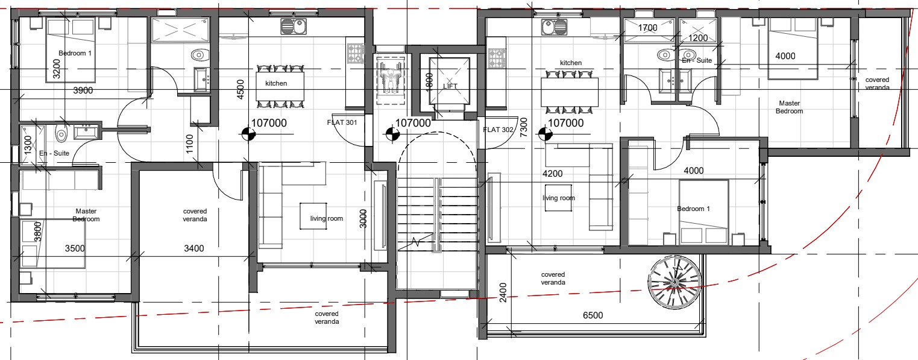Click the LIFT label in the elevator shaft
click(450, 86)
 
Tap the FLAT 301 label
click(342, 122)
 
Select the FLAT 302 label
click(498, 130)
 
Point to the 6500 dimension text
click(593, 315)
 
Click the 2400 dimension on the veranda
click(503, 292)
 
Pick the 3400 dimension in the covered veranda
click(194, 248)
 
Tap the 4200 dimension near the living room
click(553, 174)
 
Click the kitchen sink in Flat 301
click(294, 27)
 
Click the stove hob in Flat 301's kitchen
click(356, 54)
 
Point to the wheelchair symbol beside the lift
click(390, 80)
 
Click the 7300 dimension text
click(524, 127)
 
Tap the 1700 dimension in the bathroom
click(647, 28)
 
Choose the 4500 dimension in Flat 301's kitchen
click(241, 89)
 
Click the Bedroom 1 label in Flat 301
click(75, 53)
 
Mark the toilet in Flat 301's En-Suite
click(61, 134)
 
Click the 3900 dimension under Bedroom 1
click(83, 90)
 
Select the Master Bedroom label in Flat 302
click(790, 107)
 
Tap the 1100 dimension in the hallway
click(189, 144)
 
